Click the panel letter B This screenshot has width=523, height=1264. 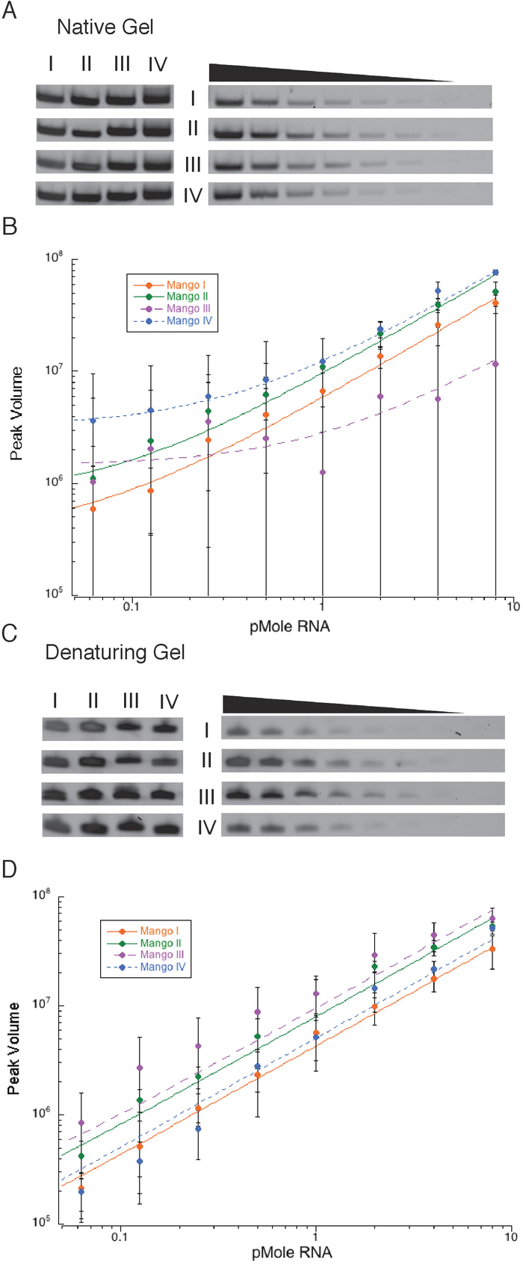(10, 226)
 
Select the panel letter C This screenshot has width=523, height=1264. (10, 633)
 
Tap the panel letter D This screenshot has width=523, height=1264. (10, 870)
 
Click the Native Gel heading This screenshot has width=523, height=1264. (105, 28)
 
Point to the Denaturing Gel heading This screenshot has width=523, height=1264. (115, 652)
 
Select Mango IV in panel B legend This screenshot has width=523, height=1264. (184, 320)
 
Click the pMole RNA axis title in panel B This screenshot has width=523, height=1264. (290, 626)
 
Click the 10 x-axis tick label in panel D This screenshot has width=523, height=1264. (510, 1237)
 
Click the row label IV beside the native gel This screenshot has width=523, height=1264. (193, 196)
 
